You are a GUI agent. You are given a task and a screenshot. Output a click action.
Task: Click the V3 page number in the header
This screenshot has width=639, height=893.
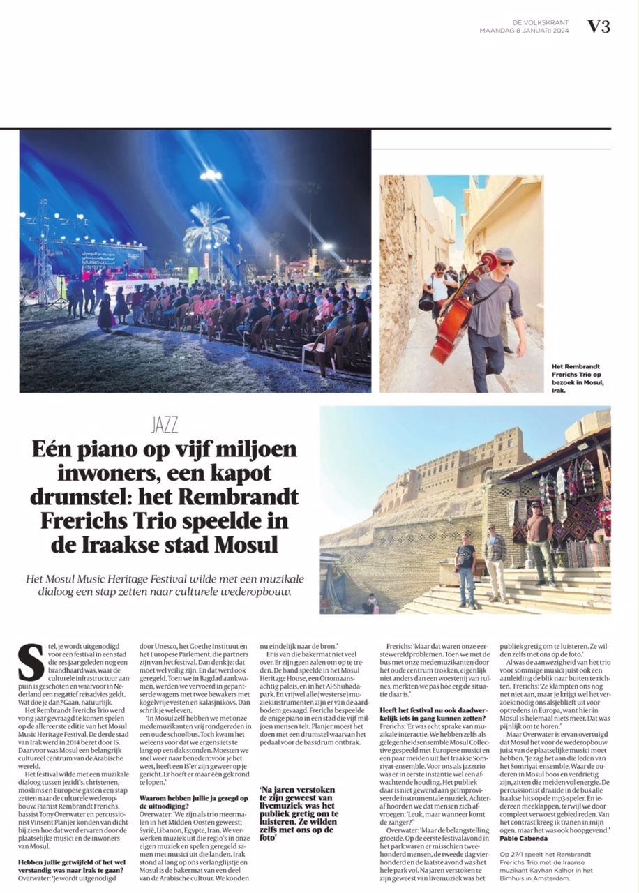pyautogui.click(x=599, y=27)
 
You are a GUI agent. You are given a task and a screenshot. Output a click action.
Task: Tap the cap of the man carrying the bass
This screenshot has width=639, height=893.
pyautogui.click(x=504, y=254)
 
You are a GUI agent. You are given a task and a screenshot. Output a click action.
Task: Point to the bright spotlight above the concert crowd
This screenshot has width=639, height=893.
pyautogui.click(x=210, y=175)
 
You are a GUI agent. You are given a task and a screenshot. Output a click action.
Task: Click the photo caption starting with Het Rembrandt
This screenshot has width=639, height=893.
pyautogui.click(x=578, y=377)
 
